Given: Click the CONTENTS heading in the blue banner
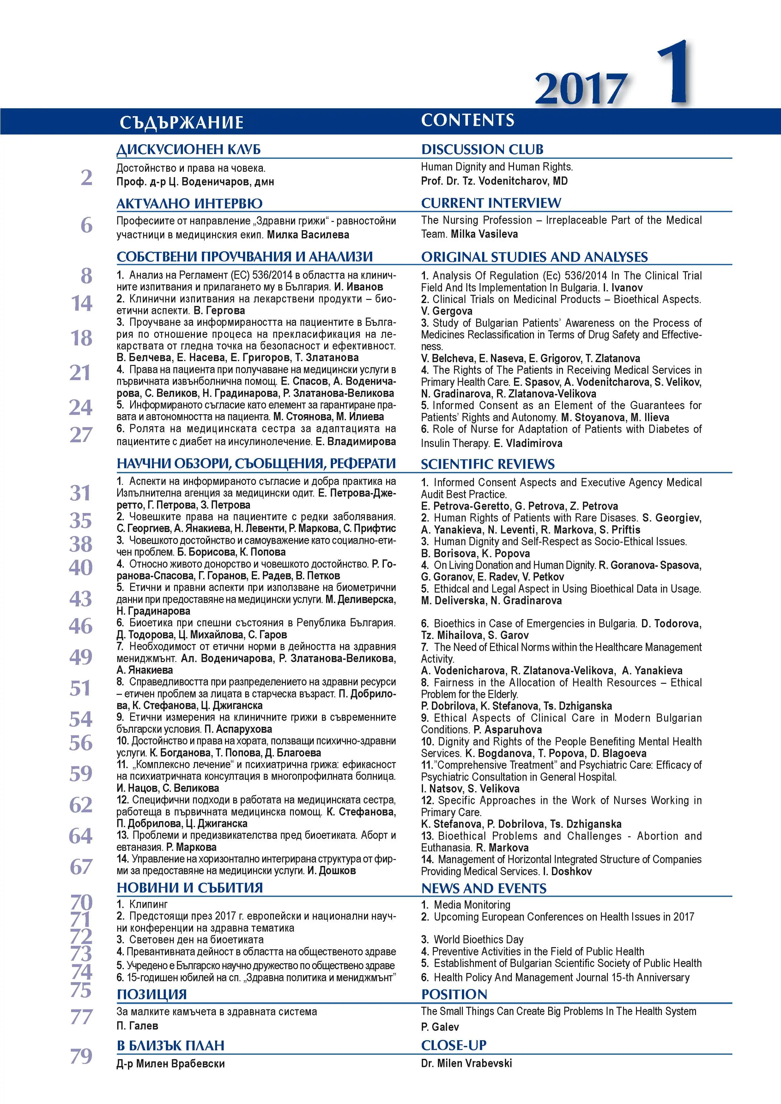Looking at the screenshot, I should pos(467,120).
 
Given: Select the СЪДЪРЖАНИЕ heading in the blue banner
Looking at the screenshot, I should pos(181,122).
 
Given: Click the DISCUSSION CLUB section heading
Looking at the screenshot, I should pos(482,150).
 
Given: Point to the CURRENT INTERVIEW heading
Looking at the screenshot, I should pos(491,203).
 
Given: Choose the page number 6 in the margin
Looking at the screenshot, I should pos(86,225).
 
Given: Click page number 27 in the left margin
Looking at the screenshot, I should pos(81,435).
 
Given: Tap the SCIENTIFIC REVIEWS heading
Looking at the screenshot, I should pos(487,464).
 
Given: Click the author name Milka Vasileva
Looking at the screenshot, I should pos(484,234).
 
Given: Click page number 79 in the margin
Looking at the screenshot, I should pos(81,1056).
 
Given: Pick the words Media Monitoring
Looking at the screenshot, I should pos(472,905).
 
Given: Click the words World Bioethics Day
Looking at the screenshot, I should pos(478,940).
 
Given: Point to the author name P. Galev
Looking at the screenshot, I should pos(440,1027).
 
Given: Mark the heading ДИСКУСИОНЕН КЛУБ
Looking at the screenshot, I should pos(189,150).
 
